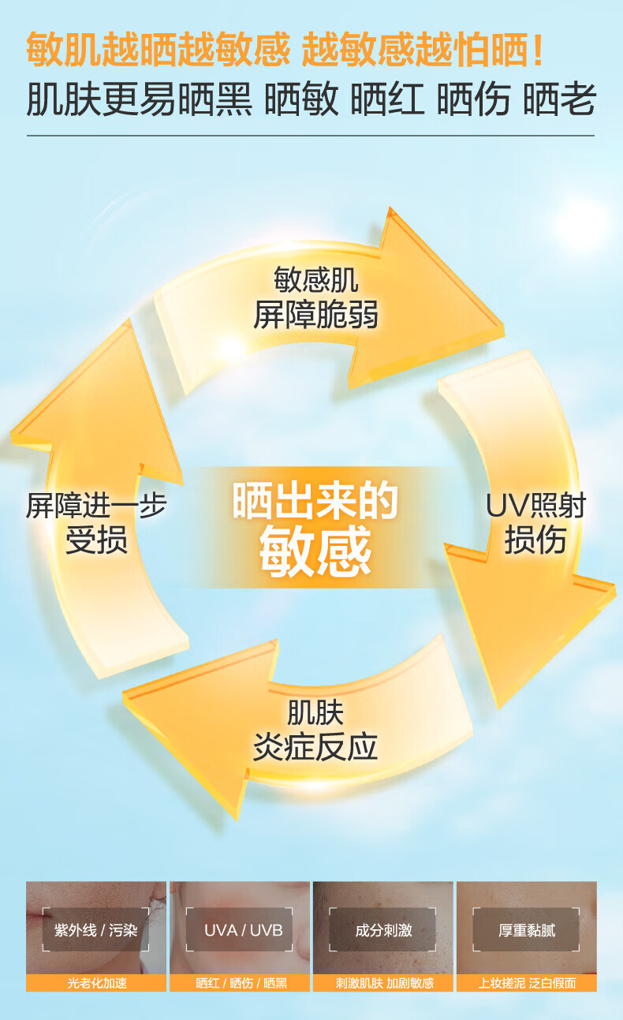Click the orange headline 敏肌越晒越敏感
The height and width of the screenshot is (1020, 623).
tap(158, 50)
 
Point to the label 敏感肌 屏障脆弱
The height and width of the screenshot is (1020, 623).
tap(315, 298)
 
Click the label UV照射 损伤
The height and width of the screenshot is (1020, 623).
tap(535, 523)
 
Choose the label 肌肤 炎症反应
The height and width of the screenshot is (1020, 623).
tap(315, 730)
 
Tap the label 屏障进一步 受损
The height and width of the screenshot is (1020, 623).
tap(96, 523)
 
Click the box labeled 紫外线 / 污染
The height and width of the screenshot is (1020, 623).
tap(96, 930)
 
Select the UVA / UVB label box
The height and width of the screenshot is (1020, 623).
tap(243, 930)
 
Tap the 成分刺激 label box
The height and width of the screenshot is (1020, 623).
tap(383, 930)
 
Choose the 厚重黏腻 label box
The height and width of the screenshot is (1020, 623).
tap(527, 930)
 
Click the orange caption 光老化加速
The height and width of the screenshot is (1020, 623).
tap(96, 984)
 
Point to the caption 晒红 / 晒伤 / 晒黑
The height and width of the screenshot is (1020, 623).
tap(241, 984)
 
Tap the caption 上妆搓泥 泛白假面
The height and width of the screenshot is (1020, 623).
tap(527, 984)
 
